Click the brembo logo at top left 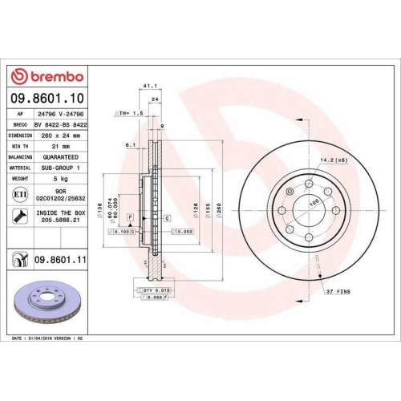45,76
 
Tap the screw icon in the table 18,215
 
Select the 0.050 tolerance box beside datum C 183,231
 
